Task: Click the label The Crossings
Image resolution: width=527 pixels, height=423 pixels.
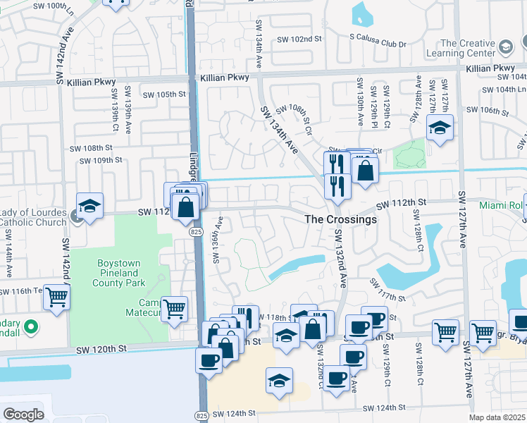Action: tap(340, 219)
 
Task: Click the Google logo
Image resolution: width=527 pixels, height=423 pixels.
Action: tap(23, 414)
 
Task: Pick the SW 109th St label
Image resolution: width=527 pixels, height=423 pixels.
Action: tap(101, 160)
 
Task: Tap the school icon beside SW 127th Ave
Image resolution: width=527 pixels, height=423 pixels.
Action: tap(440, 128)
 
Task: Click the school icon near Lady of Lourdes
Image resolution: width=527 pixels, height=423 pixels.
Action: tap(90, 206)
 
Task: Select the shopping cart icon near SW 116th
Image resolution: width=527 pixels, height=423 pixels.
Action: tap(56, 297)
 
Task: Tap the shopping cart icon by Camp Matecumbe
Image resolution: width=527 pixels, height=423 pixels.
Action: tap(174, 308)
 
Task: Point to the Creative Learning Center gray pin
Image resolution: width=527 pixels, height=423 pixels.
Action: tap(505, 47)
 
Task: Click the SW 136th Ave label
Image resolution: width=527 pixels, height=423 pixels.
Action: tap(218, 240)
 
